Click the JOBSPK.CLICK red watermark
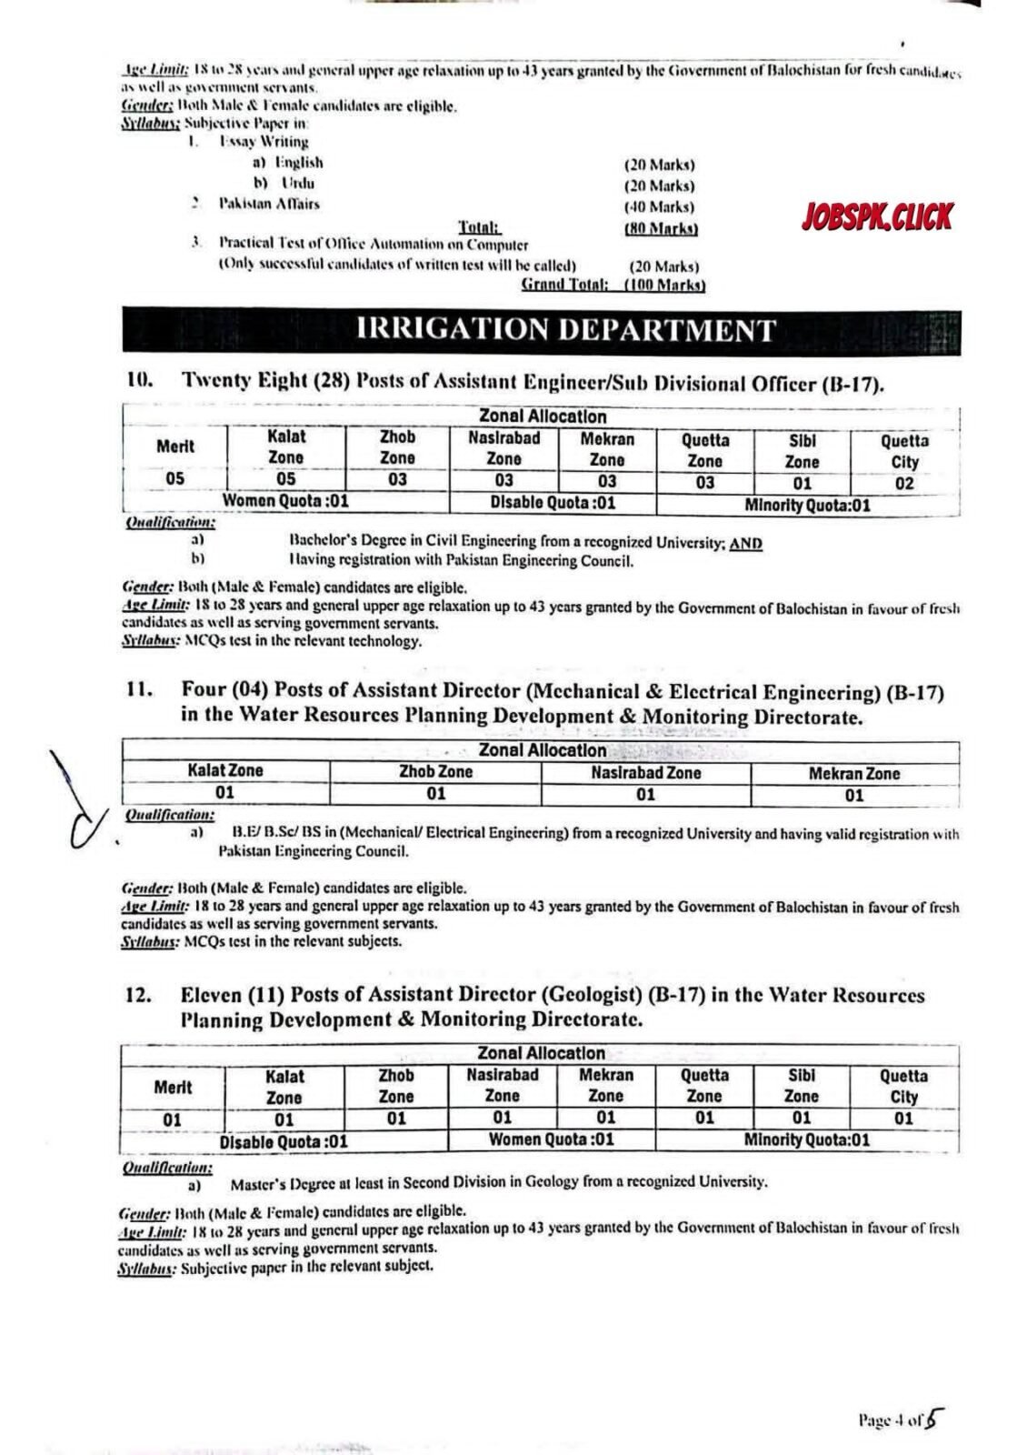877,217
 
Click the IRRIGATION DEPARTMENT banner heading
566,330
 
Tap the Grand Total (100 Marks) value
664,286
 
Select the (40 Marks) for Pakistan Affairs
659,206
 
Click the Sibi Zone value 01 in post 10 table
802,483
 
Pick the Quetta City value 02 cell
904,483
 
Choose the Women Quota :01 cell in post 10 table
286,501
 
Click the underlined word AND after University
745,543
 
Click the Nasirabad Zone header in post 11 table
645,773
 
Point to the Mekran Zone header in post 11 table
854,774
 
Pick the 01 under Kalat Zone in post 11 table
224,793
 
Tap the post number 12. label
138,996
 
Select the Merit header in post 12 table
173,1087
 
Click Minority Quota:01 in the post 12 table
806,1139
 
